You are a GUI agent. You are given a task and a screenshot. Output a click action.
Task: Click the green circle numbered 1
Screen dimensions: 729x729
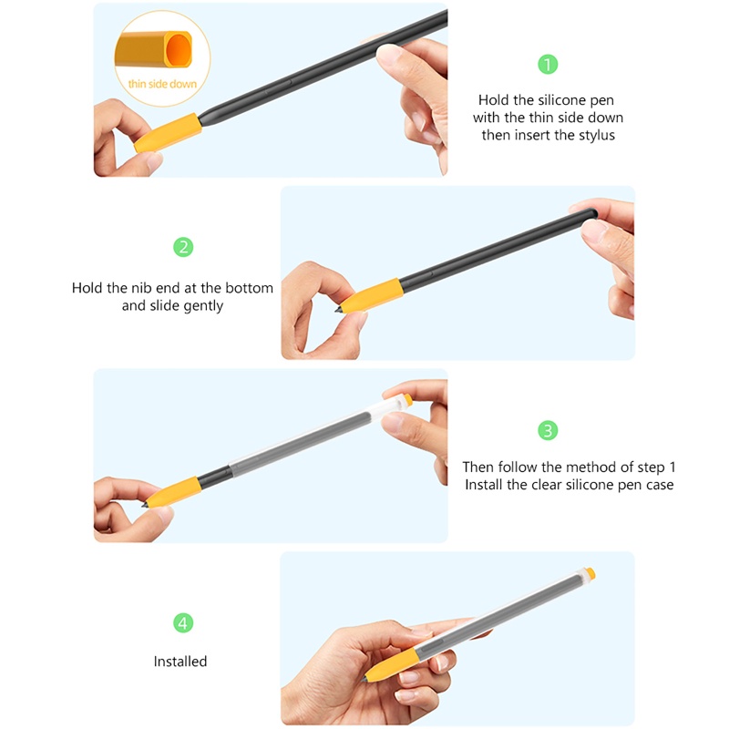coord(547,65)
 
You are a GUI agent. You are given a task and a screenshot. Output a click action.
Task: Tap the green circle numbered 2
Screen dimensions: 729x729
coord(184,247)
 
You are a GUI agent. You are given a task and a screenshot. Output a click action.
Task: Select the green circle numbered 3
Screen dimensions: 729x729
coord(547,430)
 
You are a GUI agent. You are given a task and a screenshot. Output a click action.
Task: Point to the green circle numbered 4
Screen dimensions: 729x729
coord(184,623)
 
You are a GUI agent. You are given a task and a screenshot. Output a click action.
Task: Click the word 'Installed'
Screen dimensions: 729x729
coord(180,662)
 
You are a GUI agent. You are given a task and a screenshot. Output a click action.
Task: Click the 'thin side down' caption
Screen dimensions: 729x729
coord(161,83)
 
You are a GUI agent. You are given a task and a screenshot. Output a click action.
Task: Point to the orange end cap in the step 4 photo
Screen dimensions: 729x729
coord(590,574)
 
